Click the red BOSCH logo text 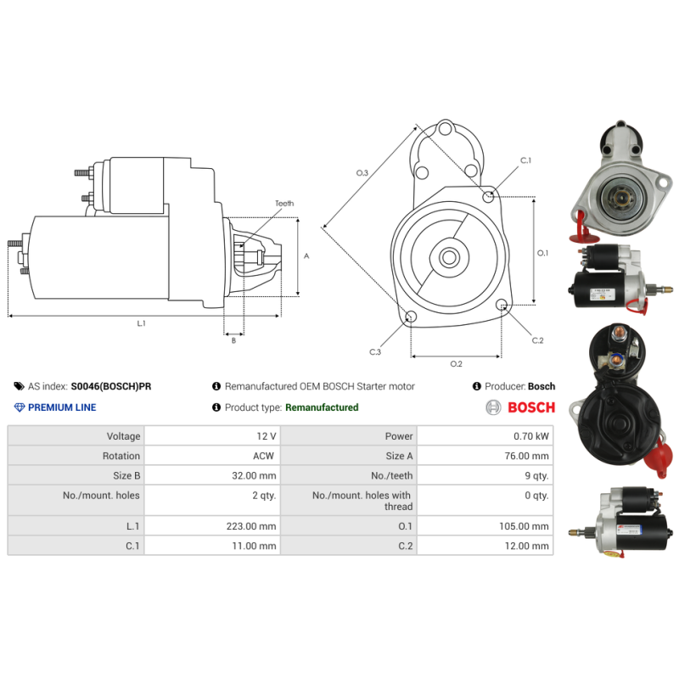click(x=530, y=407)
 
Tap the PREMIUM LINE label click(x=62, y=407)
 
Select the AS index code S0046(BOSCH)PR click(x=111, y=386)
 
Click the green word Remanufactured click(x=322, y=407)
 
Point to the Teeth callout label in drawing click(x=284, y=204)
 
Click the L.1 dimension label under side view click(x=142, y=323)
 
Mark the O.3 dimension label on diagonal click(x=362, y=173)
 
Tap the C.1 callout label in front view click(x=525, y=160)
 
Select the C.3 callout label click(x=375, y=351)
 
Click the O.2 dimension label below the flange click(x=456, y=364)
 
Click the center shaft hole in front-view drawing click(x=449, y=256)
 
